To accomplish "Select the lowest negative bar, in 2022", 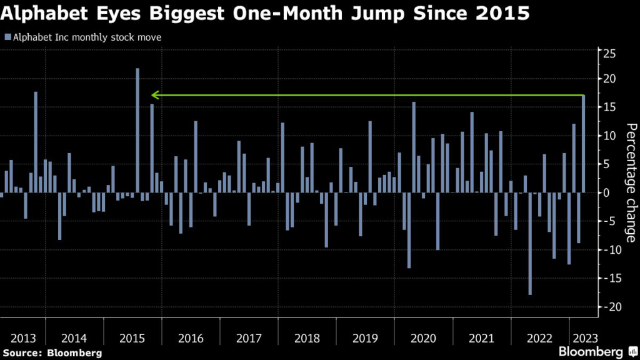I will pyautogui.click(x=530, y=244).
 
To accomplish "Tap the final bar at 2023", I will pyautogui.click(x=583, y=144).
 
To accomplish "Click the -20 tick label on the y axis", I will pyautogui.click(x=607, y=307).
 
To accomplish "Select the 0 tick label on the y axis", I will pyautogui.click(x=605, y=192).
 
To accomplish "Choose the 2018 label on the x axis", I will pyautogui.click(x=307, y=338).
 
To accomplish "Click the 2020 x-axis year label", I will pyautogui.click(x=423, y=338).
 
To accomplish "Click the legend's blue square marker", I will pyautogui.click(x=7, y=37).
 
